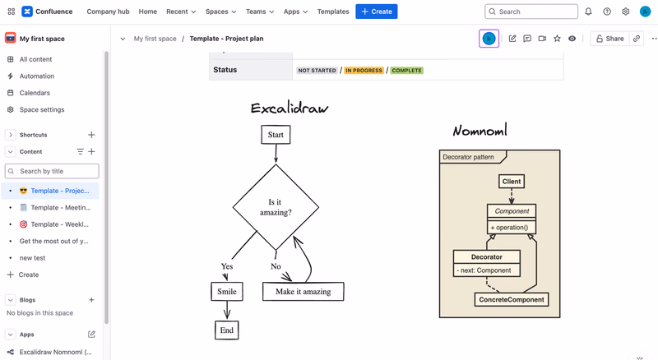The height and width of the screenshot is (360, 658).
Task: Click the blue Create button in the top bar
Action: [377, 12]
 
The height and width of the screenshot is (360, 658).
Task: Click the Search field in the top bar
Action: [531, 12]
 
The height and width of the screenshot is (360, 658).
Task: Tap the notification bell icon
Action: [588, 12]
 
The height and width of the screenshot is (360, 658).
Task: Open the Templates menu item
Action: [333, 12]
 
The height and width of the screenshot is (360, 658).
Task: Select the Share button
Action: [609, 39]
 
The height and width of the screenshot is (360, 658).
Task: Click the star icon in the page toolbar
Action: [557, 39]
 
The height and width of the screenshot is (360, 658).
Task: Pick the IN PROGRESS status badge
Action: [364, 71]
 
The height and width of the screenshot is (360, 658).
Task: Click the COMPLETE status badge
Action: [406, 71]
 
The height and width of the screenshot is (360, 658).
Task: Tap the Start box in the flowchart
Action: [276, 135]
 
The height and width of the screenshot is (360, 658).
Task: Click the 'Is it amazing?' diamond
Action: [276, 207]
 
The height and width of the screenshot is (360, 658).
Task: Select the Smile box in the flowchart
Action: [227, 292]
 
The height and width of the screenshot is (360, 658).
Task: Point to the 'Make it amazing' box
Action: [303, 292]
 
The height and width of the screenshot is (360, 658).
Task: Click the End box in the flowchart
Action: [227, 330]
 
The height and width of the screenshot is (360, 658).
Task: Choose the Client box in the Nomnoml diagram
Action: [512, 182]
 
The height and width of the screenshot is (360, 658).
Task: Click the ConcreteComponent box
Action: [512, 299]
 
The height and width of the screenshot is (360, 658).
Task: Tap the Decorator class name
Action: [487, 256]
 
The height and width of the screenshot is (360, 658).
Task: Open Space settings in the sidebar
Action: [42, 109]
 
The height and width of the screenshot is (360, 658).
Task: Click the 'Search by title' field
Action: [52, 171]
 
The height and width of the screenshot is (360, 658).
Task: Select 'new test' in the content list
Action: [32, 258]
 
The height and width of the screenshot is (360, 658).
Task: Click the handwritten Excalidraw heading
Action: [290, 108]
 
